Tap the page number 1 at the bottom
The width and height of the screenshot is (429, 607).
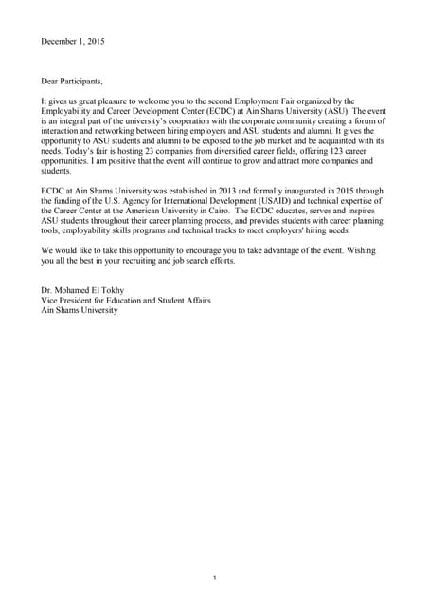tap(215, 578)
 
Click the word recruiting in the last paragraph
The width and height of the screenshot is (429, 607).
tap(170, 262)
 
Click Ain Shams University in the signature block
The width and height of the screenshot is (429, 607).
tap(80, 311)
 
